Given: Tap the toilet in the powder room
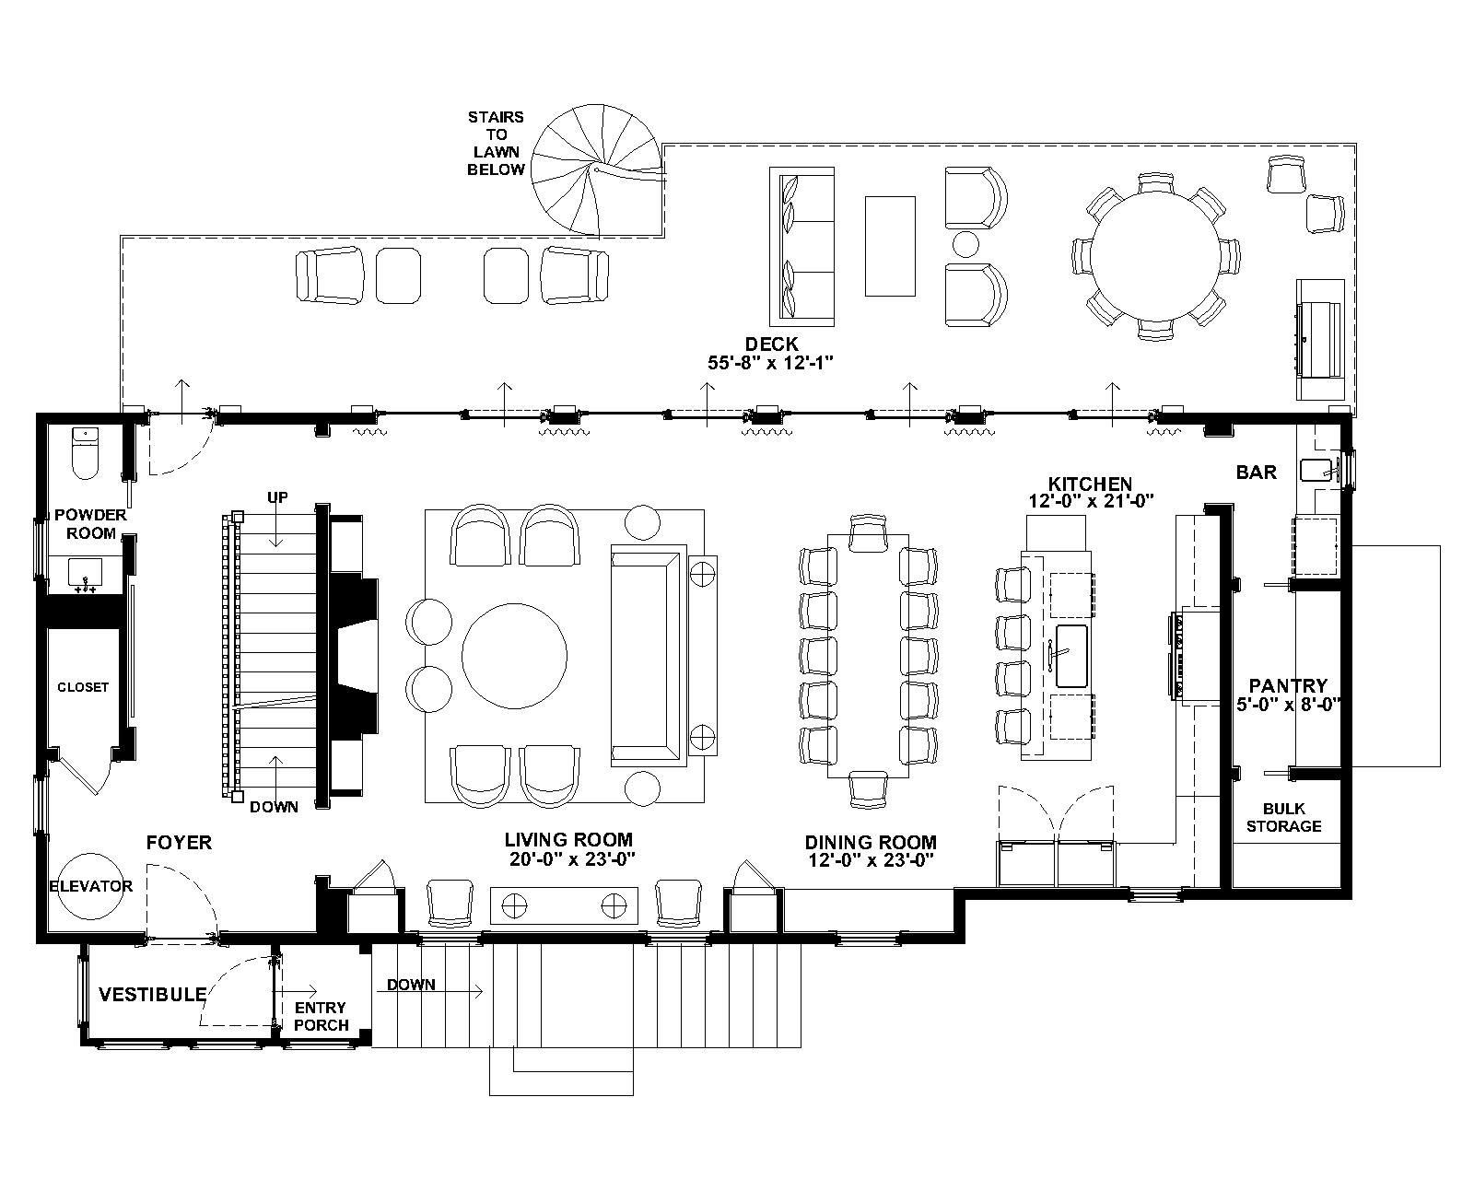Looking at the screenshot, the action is (x=85, y=453).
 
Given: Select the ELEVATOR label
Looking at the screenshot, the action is (x=90, y=886).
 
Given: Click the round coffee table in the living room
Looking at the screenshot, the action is (x=514, y=657).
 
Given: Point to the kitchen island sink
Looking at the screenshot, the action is (x=1071, y=656).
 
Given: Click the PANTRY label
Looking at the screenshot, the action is (x=1288, y=685).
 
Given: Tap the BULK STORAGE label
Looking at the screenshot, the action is (x=1284, y=817).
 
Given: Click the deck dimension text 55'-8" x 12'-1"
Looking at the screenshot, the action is (x=770, y=362).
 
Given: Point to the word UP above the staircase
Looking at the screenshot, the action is (x=277, y=497).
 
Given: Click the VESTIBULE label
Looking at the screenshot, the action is (x=153, y=994).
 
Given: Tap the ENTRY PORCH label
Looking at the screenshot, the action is (x=321, y=1017).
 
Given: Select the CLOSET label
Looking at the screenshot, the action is (x=83, y=687).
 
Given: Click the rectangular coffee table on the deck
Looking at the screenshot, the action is (x=890, y=246).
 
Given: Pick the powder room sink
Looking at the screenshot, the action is (x=85, y=575).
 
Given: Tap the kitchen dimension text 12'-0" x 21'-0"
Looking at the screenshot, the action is (x=1091, y=501).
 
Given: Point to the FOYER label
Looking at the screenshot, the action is (x=179, y=843).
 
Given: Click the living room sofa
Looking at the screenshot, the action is (x=649, y=656).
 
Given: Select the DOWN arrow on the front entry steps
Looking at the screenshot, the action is (x=429, y=991).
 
